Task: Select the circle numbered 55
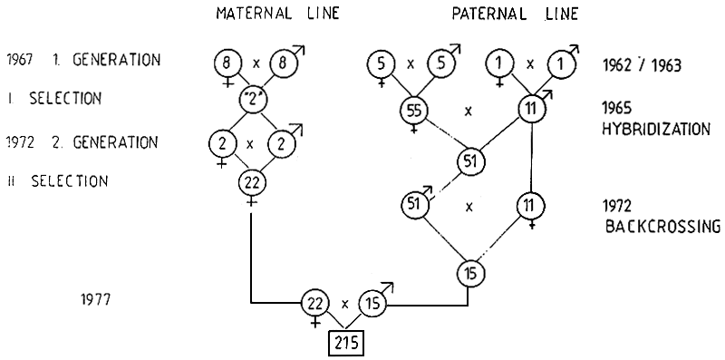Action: coord(413,112)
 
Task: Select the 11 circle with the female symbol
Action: coord(528,204)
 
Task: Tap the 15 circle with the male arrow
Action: coord(372,303)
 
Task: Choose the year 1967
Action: coord(17,61)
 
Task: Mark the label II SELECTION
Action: coord(56,181)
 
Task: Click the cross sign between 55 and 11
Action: coord(469,112)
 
